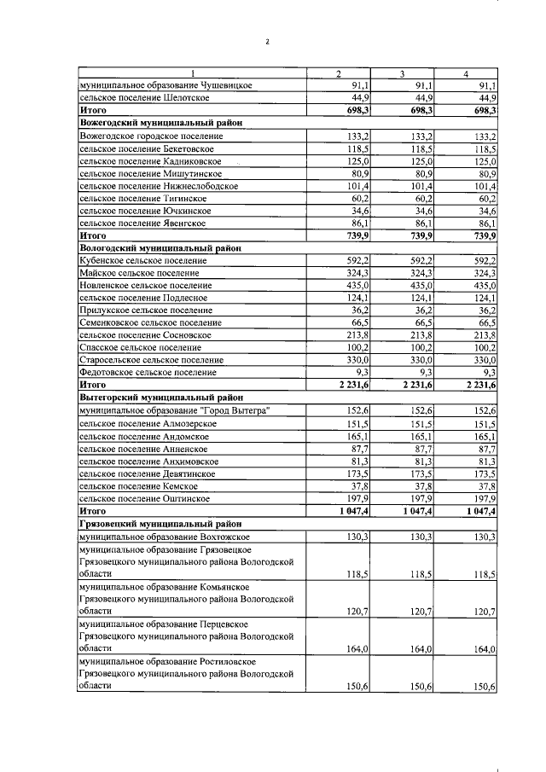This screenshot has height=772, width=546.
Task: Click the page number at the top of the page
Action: [x=267, y=40]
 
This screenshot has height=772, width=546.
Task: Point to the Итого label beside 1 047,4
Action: [x=92, y=510]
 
